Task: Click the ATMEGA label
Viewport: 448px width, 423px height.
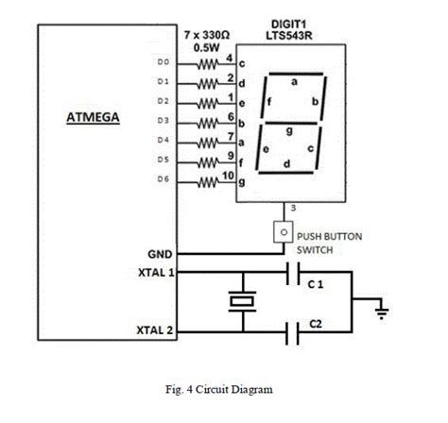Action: pos(91,119)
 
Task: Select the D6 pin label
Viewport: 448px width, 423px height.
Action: pos(163,178)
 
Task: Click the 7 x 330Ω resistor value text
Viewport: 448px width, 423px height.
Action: pos(207,33)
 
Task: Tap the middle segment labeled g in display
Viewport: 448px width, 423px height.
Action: pos(288,122)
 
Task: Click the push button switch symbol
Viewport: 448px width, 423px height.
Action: pos(282,232)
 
